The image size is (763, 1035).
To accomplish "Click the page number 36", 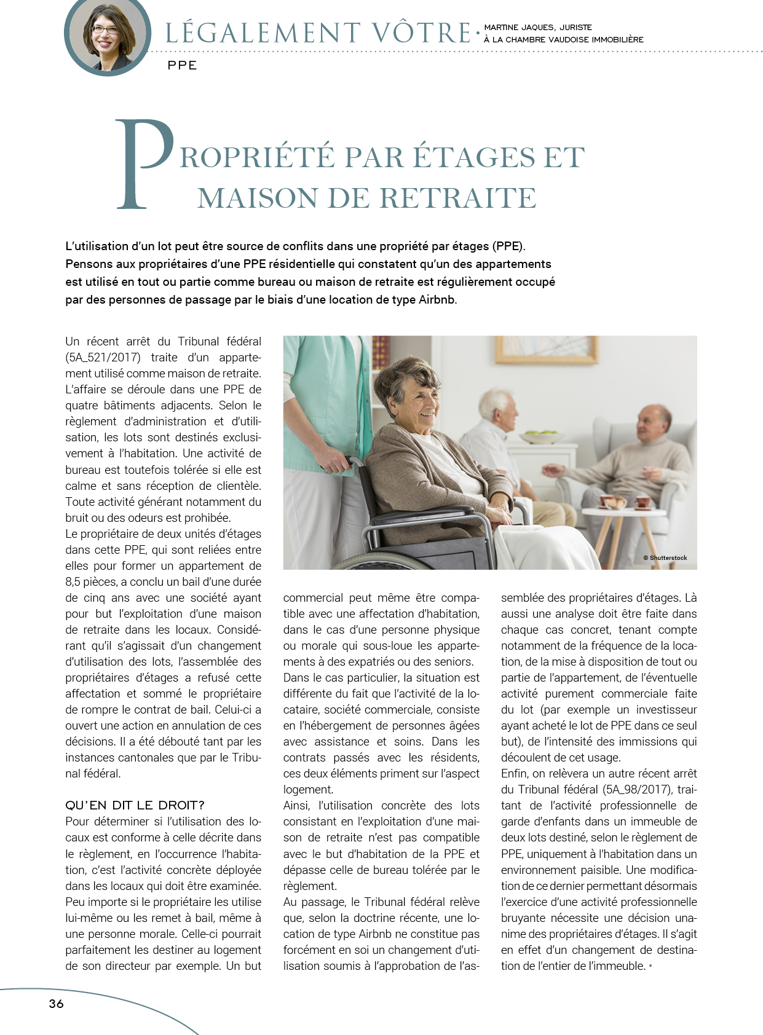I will (56, 1004).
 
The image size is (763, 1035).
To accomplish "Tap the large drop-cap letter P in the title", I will (144, 164).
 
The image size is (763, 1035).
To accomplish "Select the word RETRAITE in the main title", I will (457, 198).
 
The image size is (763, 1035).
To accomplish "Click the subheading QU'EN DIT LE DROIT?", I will (135, 805).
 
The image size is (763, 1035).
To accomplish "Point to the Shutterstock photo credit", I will (665, 558).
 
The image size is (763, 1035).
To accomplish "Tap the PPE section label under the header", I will (182, 66).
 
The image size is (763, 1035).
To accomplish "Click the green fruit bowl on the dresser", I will (540, 438).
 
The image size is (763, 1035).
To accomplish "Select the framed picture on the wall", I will (564, 348).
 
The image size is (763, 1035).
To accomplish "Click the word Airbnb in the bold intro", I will (437, 300).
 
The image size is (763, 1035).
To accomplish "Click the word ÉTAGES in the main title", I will (473, 157).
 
